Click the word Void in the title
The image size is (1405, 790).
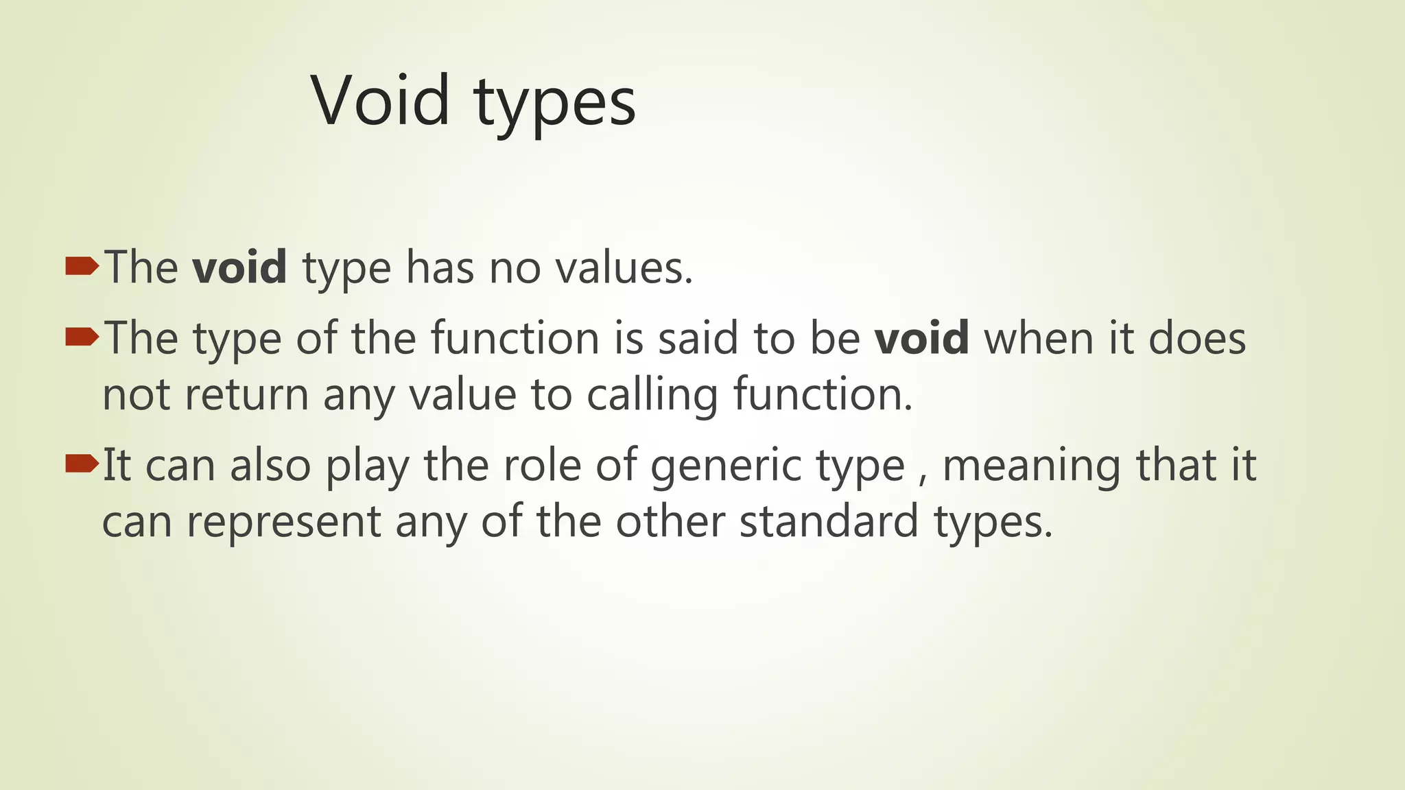pos(381,101)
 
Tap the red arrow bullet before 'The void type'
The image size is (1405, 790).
pos(82,266)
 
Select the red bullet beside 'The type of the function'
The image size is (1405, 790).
pos(82,337)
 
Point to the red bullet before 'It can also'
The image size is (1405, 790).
pos(82,465)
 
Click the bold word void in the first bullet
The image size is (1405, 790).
pos(239,267)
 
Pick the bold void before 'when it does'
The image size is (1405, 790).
pos(922,338)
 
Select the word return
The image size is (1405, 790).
pos(246,395)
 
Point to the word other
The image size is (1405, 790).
pos(670,521)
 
